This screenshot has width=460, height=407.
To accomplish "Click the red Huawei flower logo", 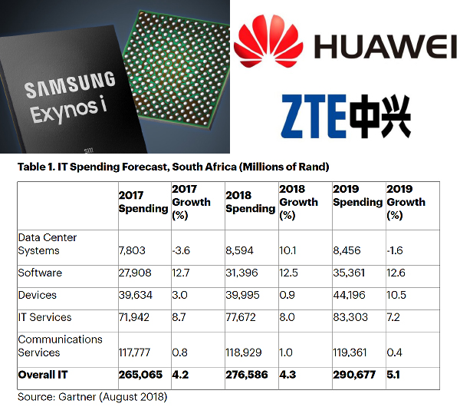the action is click(268, 41).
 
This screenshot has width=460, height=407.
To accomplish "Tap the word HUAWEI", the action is click(385, 46).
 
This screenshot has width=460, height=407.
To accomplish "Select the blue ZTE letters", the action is click(314, 116).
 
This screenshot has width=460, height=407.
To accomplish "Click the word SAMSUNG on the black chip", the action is click(70, 84).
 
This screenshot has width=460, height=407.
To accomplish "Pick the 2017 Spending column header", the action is click(143, 202).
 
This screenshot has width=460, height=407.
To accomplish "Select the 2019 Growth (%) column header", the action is click(406, 202).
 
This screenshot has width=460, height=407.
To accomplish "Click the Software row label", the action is click(40, 273).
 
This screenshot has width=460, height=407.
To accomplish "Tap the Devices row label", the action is click(38, 295).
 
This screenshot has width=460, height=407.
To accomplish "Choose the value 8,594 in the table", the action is click(239, 250).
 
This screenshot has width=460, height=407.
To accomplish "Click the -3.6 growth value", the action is click(181, 250).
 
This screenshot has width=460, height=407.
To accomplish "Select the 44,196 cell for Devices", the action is click(349, 295).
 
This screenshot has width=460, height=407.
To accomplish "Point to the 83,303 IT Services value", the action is click(350, 317).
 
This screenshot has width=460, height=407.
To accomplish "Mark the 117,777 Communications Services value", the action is click(134, 352).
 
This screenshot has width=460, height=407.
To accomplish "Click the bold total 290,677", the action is click(354, 375).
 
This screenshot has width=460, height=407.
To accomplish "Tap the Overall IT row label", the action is click(43, 375).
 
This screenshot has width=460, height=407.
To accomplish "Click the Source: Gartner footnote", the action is click(93, 397).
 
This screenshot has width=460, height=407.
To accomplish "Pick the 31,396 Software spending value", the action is click(242, 273).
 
